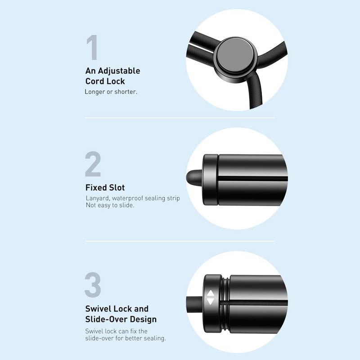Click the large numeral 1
(x=92, y=47)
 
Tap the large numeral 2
(x=93, y=164)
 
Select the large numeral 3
(x=93, y=285)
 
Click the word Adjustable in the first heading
(x=119, y=71)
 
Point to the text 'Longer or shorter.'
(x=111, y=92)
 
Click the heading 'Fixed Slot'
(x=105, y=188)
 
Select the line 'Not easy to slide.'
(x=110, y=205)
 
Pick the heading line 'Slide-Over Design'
(x=121, y=319)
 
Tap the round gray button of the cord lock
(x=235, y=55)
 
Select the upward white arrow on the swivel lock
(x=211, y=294)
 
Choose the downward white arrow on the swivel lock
(x=211, y=301)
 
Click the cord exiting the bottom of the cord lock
(x=255, y=92)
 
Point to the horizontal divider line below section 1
(x=180, y=118)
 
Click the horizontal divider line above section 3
(x=180, y=241)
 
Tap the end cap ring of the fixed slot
(x=210, y=180)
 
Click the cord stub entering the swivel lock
(x=195, y=304)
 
